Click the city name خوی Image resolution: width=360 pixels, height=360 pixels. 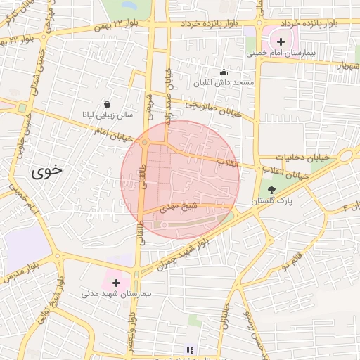click(46, 169)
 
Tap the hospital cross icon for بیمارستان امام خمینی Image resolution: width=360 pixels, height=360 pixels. click(281, 41)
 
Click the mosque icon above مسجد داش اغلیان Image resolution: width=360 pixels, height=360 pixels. click(224, 72)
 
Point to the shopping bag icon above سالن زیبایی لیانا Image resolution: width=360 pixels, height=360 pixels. click(106, 103)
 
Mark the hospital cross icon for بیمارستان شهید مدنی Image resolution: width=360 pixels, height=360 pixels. click(117, 282)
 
